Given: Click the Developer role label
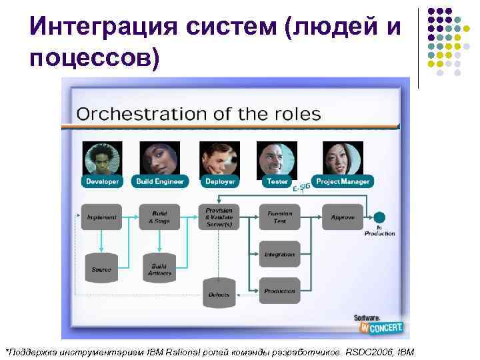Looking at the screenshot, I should pyautogui.click(x=102, y=181).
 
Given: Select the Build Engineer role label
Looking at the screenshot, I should pyautogui.click(x=160, y=181).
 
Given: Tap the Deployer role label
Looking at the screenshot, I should pyautogui.click(x=219, y=181).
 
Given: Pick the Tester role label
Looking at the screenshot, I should pyautogui.click(x=277, y=181).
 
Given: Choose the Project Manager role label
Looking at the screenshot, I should pyautogui.click(x=343, y=181).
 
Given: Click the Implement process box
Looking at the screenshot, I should pyautogui.click(x=101, y=217).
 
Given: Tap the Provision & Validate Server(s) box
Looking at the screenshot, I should pyautogui.click(x=219, y=217).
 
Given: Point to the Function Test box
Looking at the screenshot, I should pyautogui.click(x=279, y=217).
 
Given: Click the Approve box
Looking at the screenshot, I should pyautogui.click(x=343, y=217).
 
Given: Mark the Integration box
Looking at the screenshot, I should pyautogui.click(x=279, y=255).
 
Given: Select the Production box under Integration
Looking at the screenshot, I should pyautogui.click(x=279, y=291).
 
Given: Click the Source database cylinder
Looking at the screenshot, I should pyautogui.click(x=101, y=269).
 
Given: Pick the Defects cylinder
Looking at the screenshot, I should pyautogui.click(x=219, y=293).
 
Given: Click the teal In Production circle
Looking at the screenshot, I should pyautogui.click(x=379, y=217).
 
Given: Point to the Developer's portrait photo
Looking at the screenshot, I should pyautogui.click(x=102, y=158).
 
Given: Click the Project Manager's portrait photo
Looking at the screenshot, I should pyautogui.click(x=343, y=158).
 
